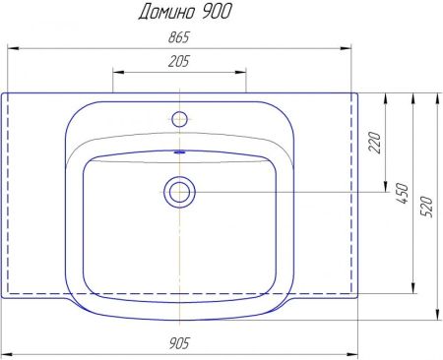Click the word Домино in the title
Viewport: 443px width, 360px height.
[x=162, y=12]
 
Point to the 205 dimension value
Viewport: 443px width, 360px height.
[x=179, y=62]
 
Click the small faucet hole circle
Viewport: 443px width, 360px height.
[x=179, y=119]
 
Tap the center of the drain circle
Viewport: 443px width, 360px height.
[x=179, y=191]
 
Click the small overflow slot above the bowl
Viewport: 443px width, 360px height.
[x=179, y=152]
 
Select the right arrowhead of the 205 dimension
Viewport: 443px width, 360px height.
[x=241, y=72]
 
